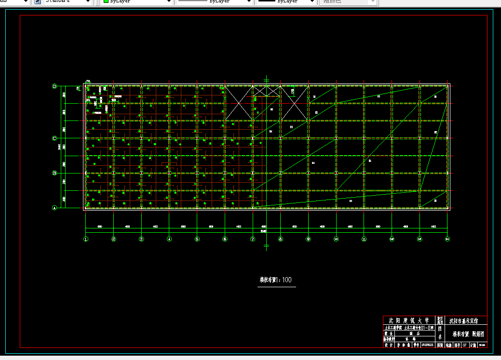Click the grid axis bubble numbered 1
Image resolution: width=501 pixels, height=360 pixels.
click(86, 239)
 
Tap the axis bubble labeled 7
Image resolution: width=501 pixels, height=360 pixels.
click(253, 239)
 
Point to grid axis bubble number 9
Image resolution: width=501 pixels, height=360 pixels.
click(308, 239)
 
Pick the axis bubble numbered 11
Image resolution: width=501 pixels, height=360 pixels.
click(364, 239)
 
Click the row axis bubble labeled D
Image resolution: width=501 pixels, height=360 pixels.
click(54, 86)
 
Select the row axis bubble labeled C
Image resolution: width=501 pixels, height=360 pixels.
click(54, 138)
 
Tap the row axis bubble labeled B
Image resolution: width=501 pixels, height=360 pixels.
click(54, 173)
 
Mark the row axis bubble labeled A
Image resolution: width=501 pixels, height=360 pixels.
click(54, 208)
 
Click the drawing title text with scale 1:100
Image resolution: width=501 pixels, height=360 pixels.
click(276, 280)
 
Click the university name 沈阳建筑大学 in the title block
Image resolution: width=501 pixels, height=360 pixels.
click(409, 320)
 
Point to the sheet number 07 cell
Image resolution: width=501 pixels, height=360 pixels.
click(464, 345)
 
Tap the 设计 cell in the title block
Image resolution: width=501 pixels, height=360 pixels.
click(387, 345)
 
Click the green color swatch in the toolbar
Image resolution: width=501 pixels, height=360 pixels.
click(106, 1)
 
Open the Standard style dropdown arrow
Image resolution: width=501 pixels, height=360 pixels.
click(88, 1)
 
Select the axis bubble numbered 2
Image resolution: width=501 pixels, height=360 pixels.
click(114, 239)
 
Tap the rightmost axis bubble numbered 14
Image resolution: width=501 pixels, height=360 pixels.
click(447, 239)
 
